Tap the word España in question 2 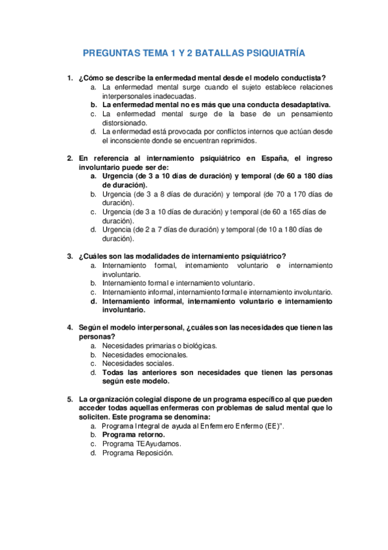272,158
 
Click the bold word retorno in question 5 149,435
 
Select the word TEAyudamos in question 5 155,444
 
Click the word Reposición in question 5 154,453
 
